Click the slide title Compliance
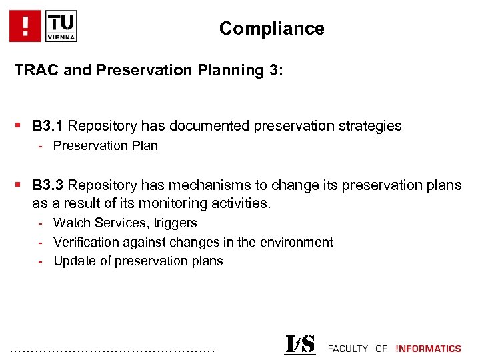[271, 29]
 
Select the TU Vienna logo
[61, 26]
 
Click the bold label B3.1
[48, 126]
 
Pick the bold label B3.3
[48, 185]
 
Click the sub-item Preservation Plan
[105, 146]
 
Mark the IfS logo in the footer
[300, 344]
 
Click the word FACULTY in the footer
[348, 349]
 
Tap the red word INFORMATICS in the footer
[428, 349]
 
